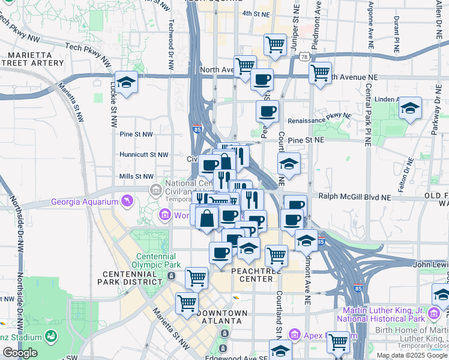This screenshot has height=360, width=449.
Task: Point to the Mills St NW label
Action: [x=137, y=176]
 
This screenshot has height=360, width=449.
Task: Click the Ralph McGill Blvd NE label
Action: [x=355, y=196]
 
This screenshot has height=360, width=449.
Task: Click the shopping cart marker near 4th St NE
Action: [x=275, y=44]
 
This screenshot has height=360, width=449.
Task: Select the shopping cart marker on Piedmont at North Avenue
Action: [x=321, y=73]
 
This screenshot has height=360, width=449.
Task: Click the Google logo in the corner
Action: [x=20, y=353]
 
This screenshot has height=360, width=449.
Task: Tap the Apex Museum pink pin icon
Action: [x=294, y=334]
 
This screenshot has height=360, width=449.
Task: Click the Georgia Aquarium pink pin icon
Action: [x=127, y=200]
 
